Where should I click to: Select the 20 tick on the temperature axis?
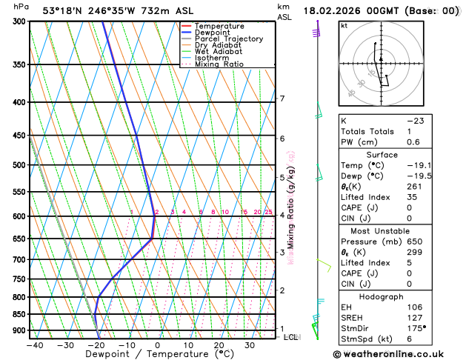pos(219,344)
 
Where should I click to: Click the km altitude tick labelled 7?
pos(282,99)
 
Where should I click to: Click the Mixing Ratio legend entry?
pos(220,64)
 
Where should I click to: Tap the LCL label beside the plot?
pos(291,337)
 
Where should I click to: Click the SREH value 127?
pos(415,317)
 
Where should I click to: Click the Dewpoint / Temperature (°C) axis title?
pos(142,355)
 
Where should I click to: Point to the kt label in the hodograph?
pos(344,25)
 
